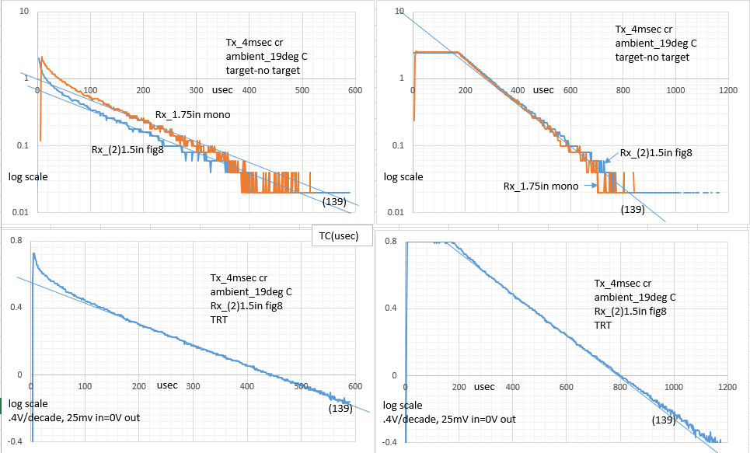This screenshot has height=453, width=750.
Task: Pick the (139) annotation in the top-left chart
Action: pos(336,202)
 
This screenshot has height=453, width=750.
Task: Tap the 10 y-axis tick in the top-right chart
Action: pos(399,12)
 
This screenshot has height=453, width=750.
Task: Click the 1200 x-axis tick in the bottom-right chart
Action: pos(727,386)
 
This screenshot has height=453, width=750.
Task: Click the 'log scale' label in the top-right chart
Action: pos(403,177)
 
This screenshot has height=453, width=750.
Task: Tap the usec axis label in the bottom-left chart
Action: pos(167,385)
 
